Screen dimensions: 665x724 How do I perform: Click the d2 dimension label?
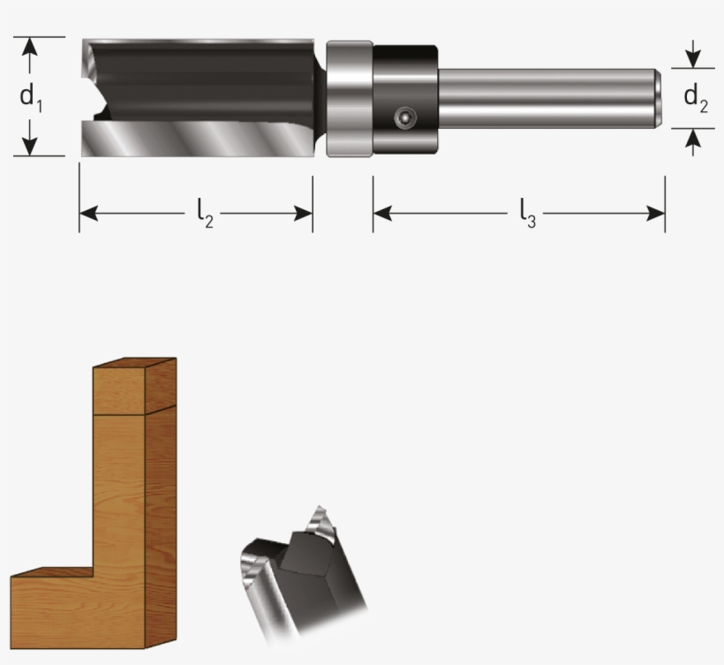695,98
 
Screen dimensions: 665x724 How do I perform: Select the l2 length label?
204,213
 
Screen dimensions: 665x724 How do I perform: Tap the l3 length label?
527,213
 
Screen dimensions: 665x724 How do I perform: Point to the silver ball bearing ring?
349,98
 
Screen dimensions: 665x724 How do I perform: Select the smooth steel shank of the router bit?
547,98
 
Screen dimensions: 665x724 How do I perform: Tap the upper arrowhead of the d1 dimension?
30,44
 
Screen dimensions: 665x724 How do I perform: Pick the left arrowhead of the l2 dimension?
87,213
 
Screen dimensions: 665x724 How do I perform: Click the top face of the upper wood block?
134,363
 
